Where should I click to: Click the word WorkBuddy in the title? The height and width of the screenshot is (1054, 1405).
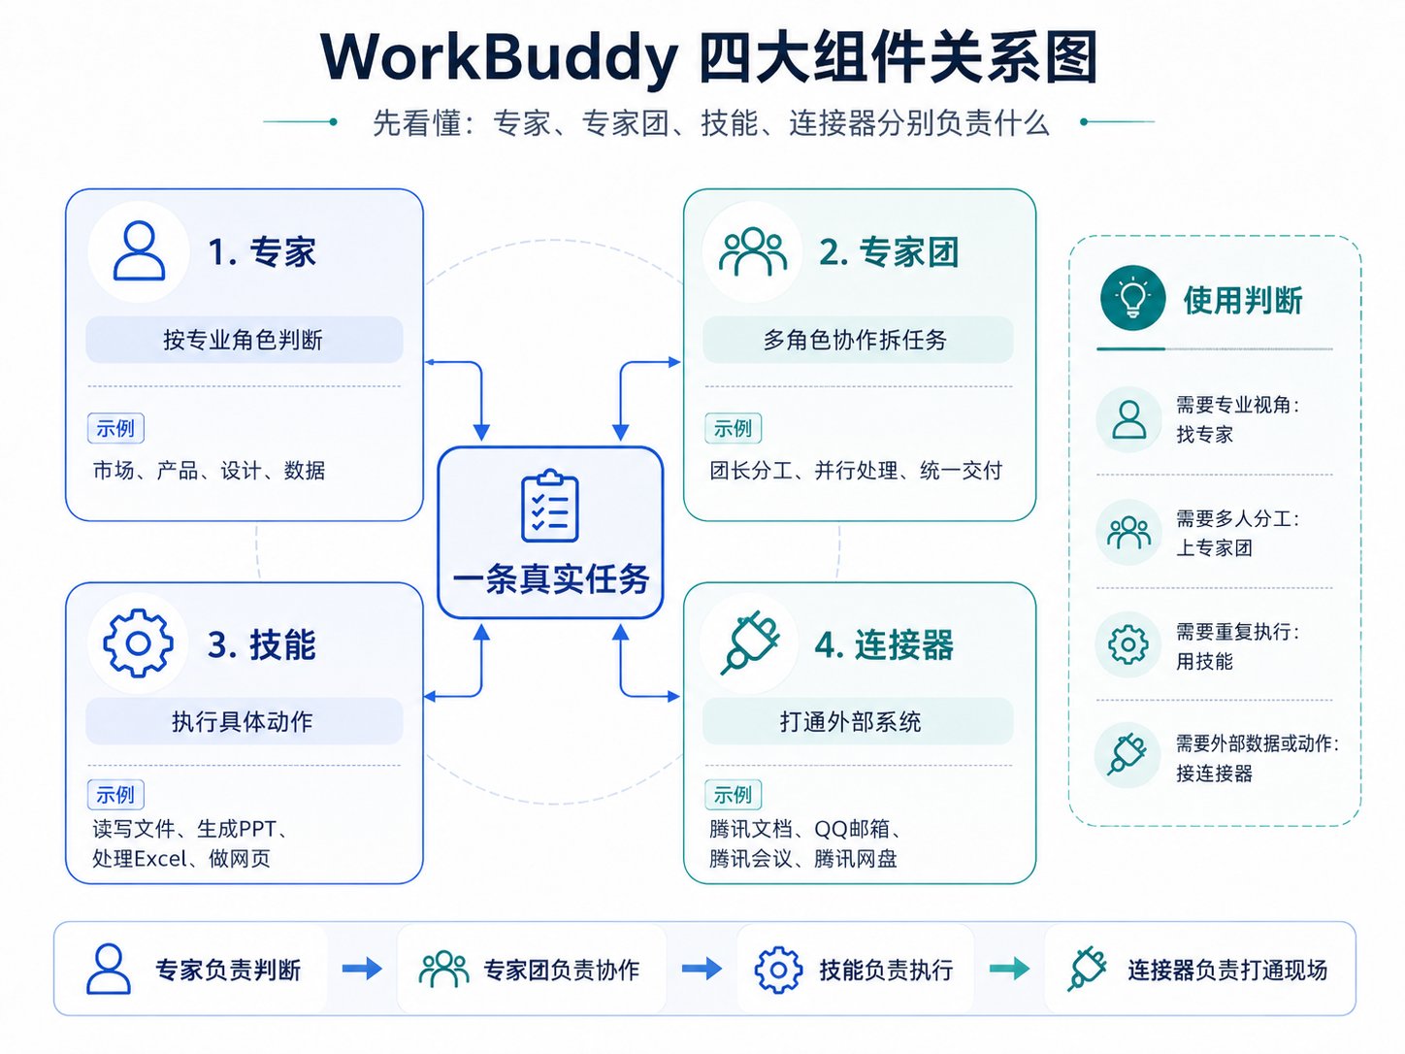click(499, 57)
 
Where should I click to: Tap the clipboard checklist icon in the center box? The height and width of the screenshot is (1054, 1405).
click(550, 506)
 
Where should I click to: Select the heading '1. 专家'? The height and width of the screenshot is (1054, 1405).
click(262, 251)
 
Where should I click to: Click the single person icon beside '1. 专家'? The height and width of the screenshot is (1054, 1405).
click(139, 250)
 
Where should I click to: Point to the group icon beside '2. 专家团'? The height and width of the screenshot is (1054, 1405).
click(752, 251)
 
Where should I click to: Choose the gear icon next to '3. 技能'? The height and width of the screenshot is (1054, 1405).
click(138, 643)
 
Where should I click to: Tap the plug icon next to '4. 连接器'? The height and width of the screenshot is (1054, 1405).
click(749, 642)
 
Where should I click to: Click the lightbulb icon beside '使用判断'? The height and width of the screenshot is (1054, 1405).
click(1132, 298)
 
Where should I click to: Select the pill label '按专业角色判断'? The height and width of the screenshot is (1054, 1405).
click(244, 340)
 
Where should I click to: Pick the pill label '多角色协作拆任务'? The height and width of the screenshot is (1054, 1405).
click(857, 340)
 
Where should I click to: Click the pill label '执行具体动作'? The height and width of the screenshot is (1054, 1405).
click(244, 721)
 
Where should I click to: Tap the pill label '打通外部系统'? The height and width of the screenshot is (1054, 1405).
click(857, 721)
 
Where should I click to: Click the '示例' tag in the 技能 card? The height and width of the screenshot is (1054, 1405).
click(115, 795)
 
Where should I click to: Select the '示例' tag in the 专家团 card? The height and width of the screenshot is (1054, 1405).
click(733, 428)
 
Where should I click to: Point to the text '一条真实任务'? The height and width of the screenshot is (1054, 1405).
click(550, 579)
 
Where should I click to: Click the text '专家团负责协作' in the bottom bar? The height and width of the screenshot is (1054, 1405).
click(562, 971)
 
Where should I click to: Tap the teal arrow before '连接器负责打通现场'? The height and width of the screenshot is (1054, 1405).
click(1009, 969)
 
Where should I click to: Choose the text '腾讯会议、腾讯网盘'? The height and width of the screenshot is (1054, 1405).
click(802, 859)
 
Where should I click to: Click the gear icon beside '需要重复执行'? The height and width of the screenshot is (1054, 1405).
click(1127, 644)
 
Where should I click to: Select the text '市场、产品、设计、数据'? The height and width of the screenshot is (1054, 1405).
click(210, 471)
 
